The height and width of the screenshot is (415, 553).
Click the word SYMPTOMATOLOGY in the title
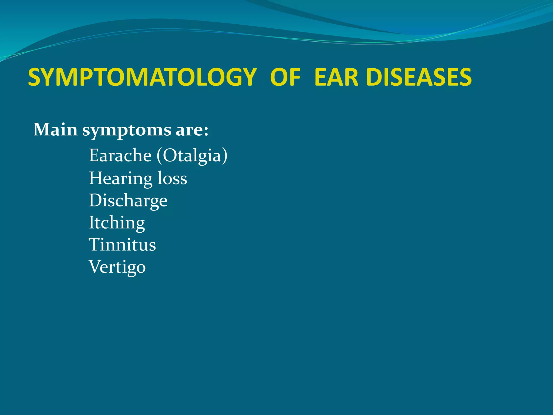click(142, 78)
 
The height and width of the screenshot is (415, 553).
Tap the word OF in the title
click(285, 78)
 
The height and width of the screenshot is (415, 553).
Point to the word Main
click(56, 130)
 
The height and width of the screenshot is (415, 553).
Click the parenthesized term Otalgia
click(192, 156)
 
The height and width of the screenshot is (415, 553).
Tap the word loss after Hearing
click(172, 178)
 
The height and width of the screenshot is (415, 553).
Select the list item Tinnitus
click(122, 245)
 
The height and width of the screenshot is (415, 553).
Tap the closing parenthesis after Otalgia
click(225, 156)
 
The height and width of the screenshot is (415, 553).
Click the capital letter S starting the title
click(34, 78)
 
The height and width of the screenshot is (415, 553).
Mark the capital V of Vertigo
click(95, 267)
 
